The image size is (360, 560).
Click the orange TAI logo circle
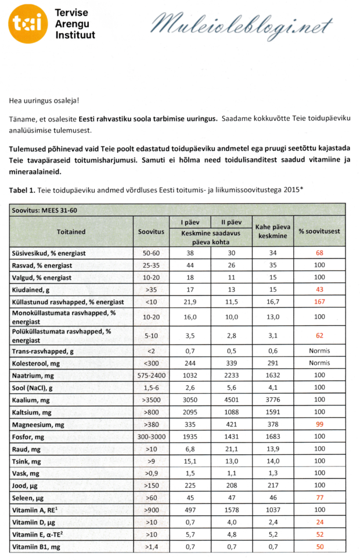[28, 24]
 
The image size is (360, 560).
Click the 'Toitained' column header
[71, 231]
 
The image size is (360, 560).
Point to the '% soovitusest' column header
[319, 231]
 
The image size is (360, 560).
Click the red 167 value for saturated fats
[319, 302]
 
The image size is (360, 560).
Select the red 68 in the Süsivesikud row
[319, 254]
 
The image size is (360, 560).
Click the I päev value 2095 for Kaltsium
[190, 411]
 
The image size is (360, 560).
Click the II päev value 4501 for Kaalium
[231, 400]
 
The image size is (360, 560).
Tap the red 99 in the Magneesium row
[319, 424]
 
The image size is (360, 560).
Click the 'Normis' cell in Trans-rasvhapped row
[319, 351]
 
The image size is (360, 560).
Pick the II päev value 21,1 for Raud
[231, 448]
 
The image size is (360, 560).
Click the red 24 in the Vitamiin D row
[319, 521]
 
